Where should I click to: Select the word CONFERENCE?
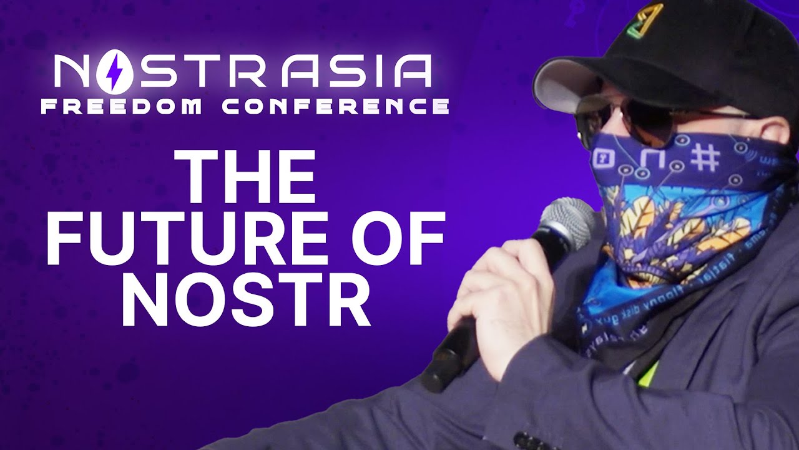[x=335, y=106]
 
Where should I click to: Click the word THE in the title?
[x=245, y=179]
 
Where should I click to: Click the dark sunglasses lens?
[x=643, y=122]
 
